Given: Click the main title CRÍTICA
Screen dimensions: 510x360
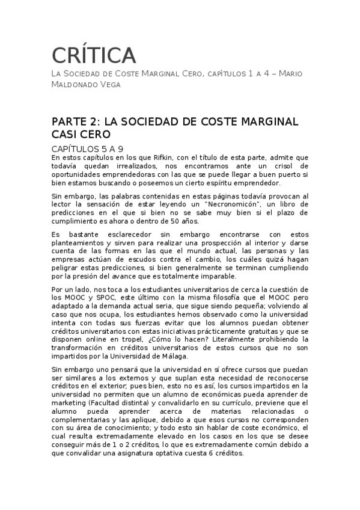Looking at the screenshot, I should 94,55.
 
